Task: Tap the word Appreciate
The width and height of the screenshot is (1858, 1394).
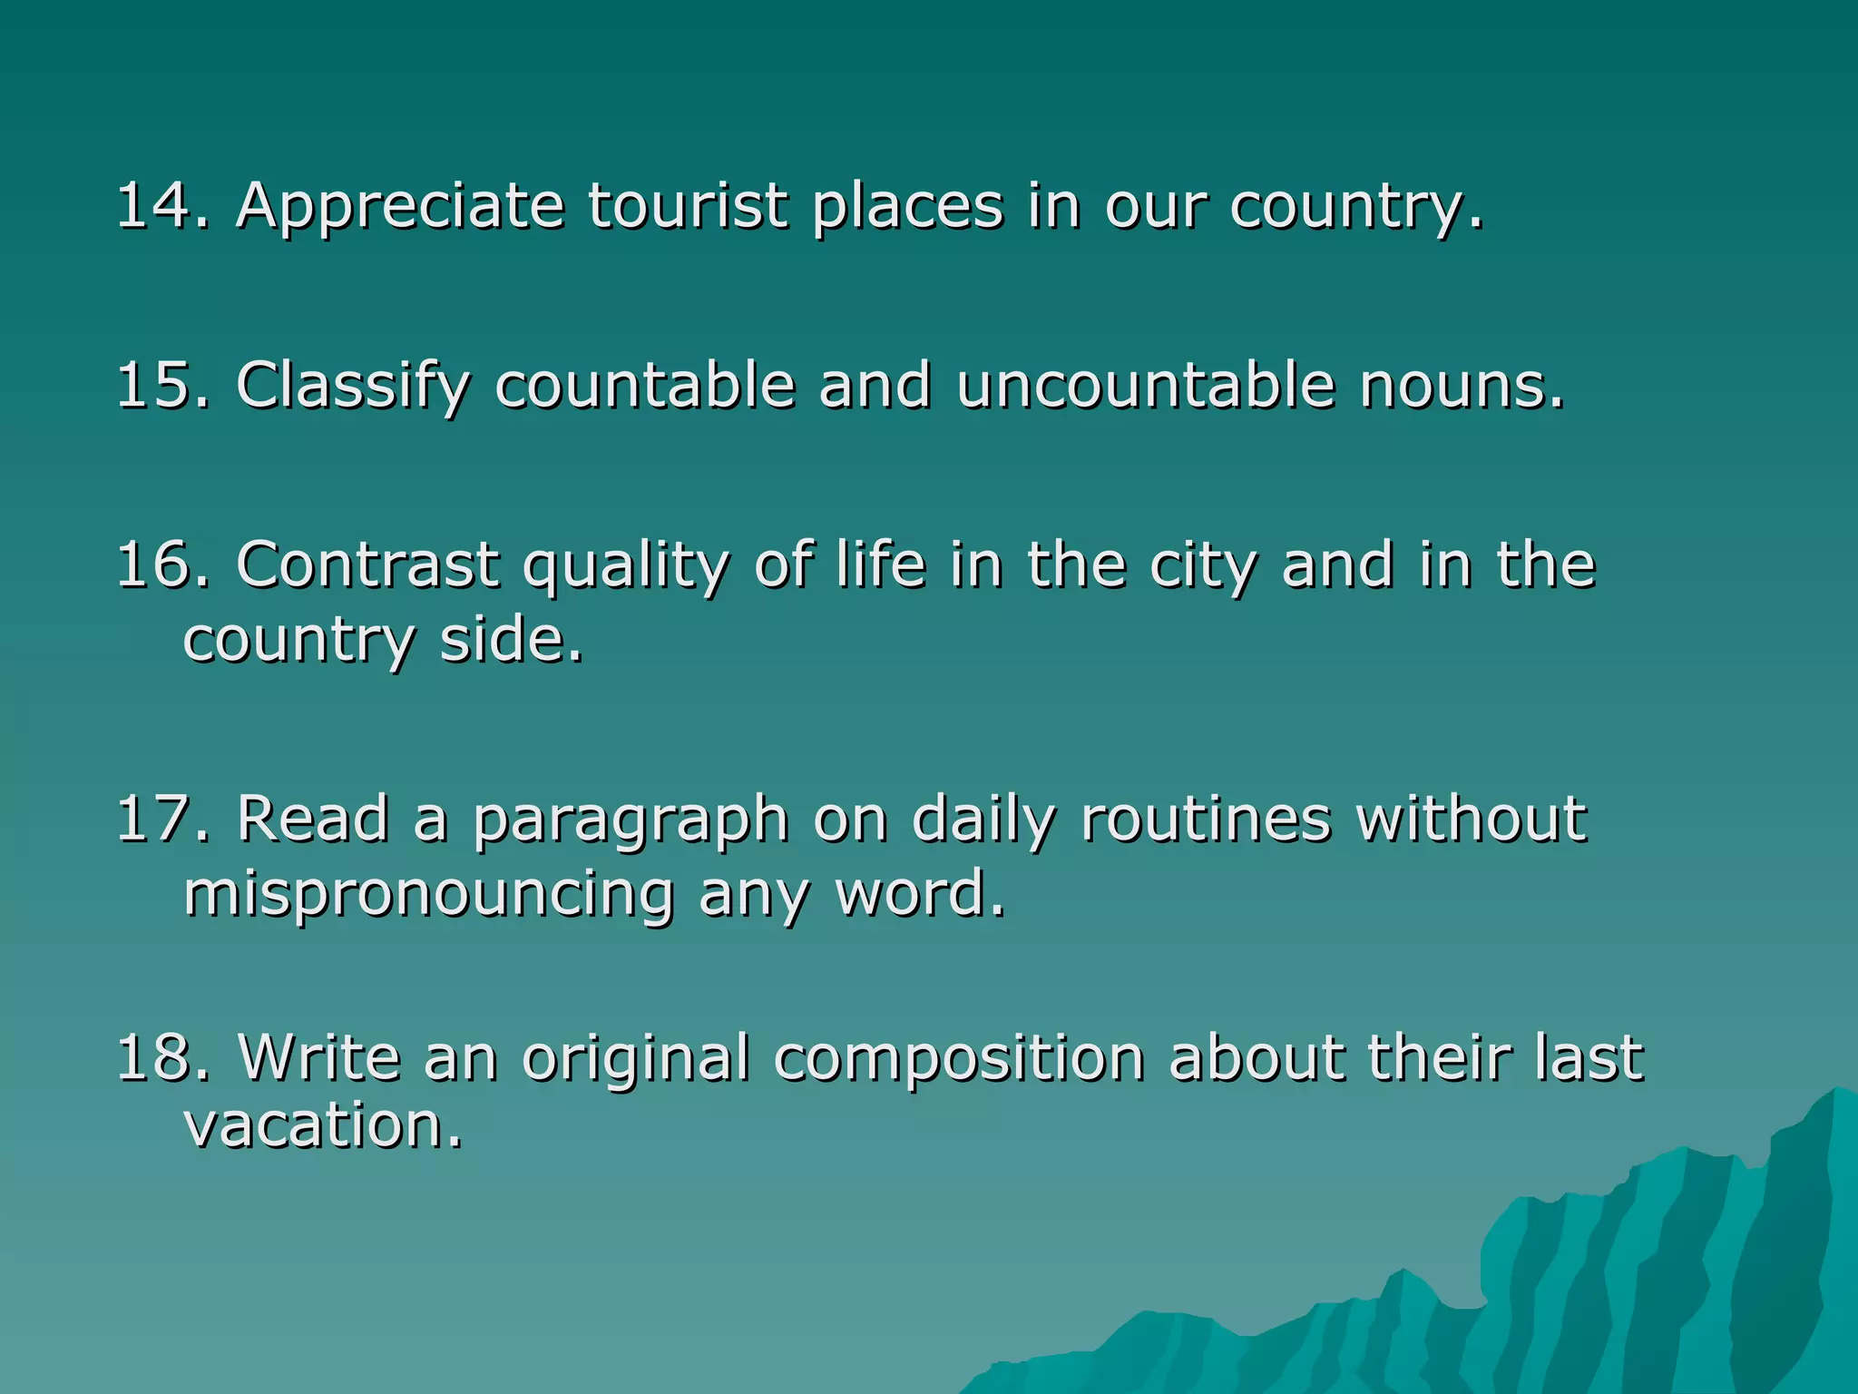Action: (x=400, y=207)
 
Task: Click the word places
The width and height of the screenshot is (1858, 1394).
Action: (x=908, y=207)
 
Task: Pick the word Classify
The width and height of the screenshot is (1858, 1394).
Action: (x=353, y=387)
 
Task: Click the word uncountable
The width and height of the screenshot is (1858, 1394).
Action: (x=1146, y=385)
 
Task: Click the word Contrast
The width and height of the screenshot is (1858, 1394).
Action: (x=367, y=564)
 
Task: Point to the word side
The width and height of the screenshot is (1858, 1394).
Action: (x=510, y=640)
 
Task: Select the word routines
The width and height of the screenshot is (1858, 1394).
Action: (x=1206, y=819)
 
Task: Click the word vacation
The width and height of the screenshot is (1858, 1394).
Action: (x=323, y=1125)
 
